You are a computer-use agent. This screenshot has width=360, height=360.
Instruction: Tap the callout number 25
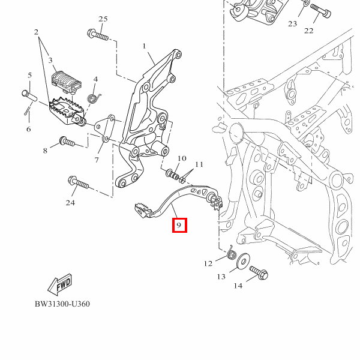coord(103,19)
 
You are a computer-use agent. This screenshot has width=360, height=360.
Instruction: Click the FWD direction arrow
coord(59,282)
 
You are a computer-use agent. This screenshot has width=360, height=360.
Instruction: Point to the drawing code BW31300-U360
coord(62,304)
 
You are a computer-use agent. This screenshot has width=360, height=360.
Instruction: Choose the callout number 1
coord(144,46)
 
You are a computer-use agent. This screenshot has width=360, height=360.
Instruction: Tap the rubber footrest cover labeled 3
coord(65,82)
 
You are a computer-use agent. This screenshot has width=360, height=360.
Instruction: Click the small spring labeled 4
coord(93,95)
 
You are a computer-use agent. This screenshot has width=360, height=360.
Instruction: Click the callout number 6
coord(28,129)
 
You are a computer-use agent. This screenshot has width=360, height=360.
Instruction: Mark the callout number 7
coord(96,160)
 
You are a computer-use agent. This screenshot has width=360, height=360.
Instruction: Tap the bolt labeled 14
coord(259,273)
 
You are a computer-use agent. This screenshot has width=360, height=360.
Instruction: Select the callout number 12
coord(208,263)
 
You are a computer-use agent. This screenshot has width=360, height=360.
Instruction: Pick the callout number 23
coord(292,24)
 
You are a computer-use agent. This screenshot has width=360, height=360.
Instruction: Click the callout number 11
coord(199,164)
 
